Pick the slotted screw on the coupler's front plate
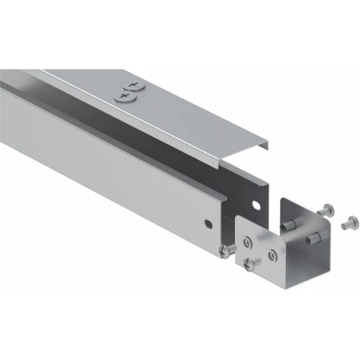coord(252,263)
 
